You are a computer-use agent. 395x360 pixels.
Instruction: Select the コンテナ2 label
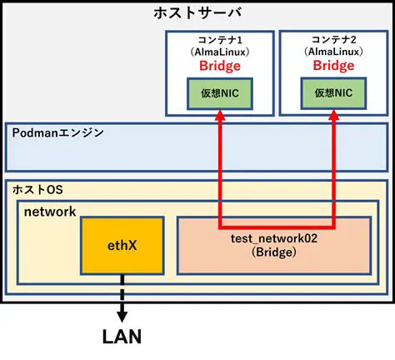coord(332,39)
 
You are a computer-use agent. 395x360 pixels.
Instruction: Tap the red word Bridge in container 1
coord(220,65)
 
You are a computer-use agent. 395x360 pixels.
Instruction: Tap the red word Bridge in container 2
coord(333,65)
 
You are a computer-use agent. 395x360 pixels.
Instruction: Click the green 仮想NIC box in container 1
coord(220,94)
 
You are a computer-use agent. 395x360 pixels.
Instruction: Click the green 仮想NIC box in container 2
coord(333,94)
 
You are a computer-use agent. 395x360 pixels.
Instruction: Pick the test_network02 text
coord(274,237)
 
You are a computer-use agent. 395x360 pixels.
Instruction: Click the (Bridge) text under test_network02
coord(274,252)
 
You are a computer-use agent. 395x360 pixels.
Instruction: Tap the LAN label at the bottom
coord(122,337)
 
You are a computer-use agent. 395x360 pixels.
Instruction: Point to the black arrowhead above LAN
coord(122,316)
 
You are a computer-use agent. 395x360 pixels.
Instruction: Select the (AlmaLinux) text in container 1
coord(219,52)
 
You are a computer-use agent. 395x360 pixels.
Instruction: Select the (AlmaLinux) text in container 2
coord(333,52)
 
